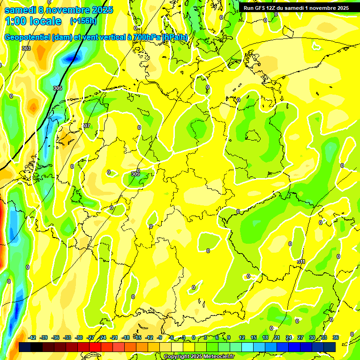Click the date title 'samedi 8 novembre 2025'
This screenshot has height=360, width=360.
(x=59, y=10)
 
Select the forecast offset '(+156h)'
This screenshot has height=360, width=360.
(x=83, y=21)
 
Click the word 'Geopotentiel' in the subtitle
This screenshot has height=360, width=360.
(x=29, y=37)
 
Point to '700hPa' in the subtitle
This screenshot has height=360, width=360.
(x=146, y=37)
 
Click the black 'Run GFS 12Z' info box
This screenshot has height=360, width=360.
(x=295, y=8)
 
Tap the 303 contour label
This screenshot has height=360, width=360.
(x=26, y=48)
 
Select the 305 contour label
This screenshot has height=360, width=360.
(x=57, y=88)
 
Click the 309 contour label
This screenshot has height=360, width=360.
(x=135, y=174)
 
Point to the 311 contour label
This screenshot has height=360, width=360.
(x=301, y=262)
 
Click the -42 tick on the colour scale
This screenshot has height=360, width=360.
(x=32, y=337)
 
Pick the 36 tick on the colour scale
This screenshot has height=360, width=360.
(x=335, y=337)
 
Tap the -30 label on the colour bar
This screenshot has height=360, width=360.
(x=79, y=337)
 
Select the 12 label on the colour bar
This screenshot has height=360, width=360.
(x=241, y=337)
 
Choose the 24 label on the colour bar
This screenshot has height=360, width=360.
(x=288, y=337)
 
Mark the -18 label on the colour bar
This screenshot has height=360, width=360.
(x=126, y=337)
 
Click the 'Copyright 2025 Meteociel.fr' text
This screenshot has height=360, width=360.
(x=199, y=357)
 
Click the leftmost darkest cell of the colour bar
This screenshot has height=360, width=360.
(x=25, y=347)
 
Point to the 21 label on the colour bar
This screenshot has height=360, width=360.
(x=277, y=337)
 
